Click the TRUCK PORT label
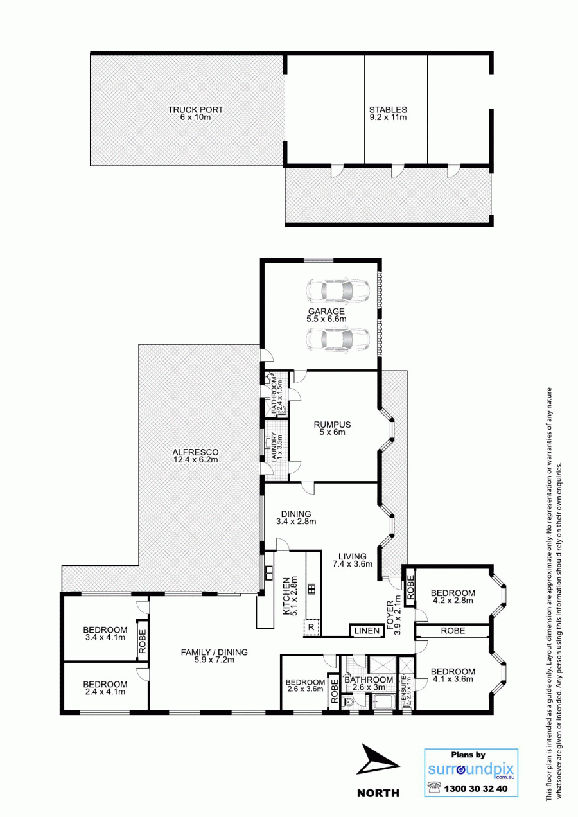tap(195, 114)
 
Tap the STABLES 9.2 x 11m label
tap(388, 114)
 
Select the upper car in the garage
tap(338, 291)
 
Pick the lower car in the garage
tap(338, 340)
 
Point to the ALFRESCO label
tap(195, 456)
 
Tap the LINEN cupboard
tap(367, 631)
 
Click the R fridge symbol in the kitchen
tap(311, 628)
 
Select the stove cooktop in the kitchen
tap(311, 589)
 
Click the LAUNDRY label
tap(277, 448)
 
